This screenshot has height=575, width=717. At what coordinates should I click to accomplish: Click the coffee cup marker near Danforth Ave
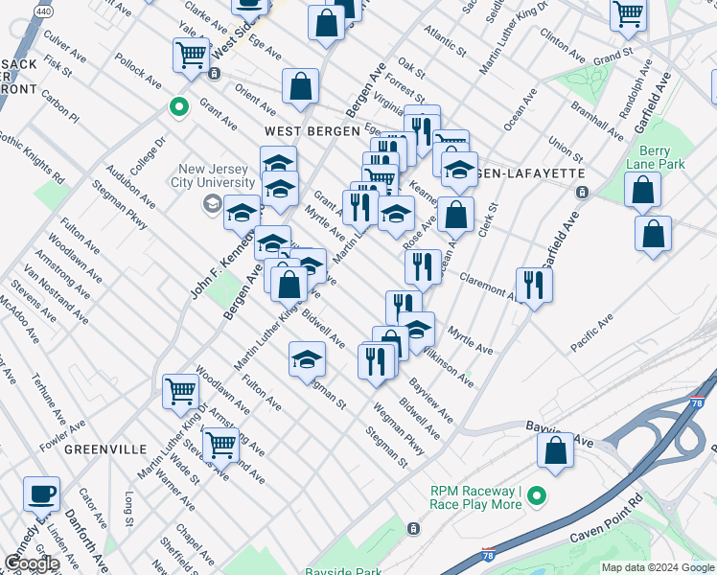click(41, 494)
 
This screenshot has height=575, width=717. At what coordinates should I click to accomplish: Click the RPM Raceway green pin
click(536, 496)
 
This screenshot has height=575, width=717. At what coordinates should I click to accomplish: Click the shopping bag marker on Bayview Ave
click(555, 450)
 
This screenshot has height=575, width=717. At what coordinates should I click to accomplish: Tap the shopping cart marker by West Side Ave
click(191, 55)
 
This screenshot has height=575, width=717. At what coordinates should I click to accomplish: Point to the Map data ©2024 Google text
click(658, 567)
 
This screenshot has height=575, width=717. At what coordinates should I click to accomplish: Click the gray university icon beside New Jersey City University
click(210, 203)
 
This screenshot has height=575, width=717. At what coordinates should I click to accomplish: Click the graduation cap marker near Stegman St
click(306, 359)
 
